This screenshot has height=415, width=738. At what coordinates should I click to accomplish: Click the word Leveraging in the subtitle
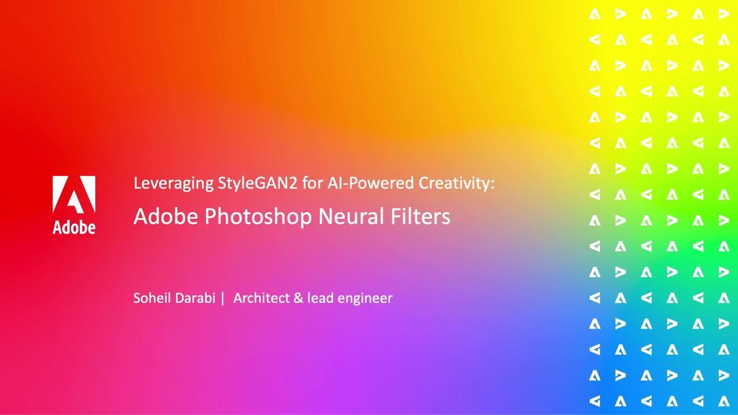[173, 183]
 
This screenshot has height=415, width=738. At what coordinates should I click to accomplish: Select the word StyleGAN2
[257, 183]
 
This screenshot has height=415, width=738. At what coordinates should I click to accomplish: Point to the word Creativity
[454, 183]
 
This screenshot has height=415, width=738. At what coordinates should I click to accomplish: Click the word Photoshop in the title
[258, 216]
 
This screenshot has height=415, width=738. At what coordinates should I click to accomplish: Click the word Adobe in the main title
[165, 216]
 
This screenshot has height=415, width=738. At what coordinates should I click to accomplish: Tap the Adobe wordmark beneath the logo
[74, 227]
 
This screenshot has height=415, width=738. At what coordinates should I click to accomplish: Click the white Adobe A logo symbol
[74, 194]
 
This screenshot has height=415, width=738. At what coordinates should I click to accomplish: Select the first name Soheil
[152, 298]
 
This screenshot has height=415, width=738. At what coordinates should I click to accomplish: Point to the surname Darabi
[195, 298]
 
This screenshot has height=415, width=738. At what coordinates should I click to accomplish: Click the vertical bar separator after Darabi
[223, 298]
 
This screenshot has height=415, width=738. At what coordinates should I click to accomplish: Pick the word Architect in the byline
[261, 298]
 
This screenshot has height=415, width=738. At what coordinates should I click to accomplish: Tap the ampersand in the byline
[298, 298]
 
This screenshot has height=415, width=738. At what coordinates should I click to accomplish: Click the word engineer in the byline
[365, 299]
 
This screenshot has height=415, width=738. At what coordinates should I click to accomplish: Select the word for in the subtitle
[312, 183]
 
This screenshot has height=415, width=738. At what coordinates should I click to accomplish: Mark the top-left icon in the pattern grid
[595, 14]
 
